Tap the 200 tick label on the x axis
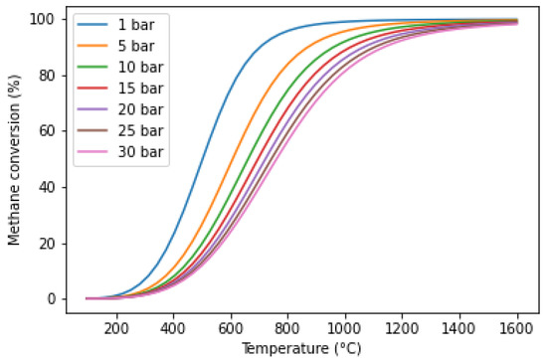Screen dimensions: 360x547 click(x=116, y=328)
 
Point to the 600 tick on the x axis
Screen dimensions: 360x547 click(x=231, y=328)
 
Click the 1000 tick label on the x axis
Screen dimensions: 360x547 click(x=345, y=328)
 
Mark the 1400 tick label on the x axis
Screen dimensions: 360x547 click(x=459, y=328)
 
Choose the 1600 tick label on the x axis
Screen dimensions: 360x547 click(x=516, y=328)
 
